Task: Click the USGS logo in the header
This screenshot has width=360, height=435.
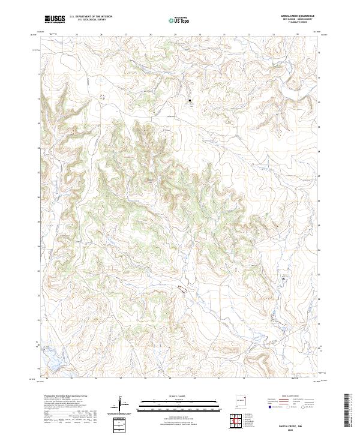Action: click(x=55, y=20)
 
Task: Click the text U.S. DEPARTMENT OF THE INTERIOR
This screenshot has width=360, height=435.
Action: click(x=91, y=17)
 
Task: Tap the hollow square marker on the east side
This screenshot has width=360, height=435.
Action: click(x=284, y=279)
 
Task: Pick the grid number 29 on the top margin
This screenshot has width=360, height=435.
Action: click(x=175, y=34)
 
